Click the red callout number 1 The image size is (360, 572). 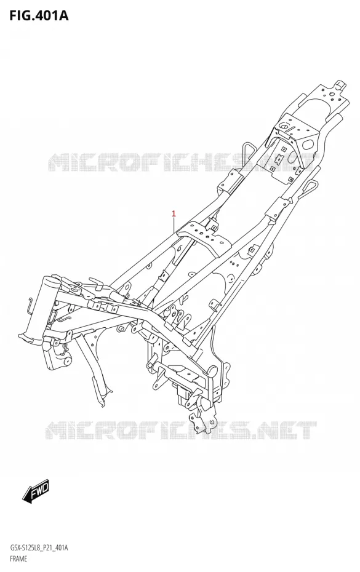click(174, 213)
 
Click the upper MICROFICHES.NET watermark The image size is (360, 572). click(182, 162)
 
